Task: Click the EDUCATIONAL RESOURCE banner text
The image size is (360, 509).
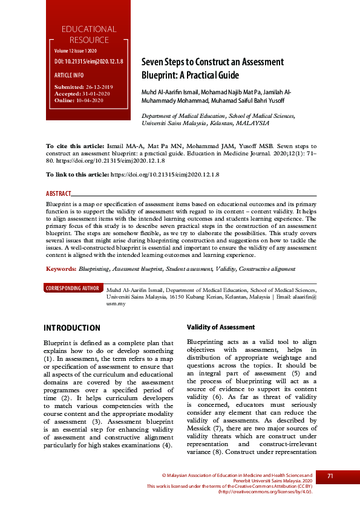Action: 88,34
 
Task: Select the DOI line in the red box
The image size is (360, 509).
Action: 88,62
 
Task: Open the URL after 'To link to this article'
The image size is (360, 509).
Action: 164,174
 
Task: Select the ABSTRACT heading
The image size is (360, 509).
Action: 58,194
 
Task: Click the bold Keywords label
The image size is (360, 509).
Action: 61,268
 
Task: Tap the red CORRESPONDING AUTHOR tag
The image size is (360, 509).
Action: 73,288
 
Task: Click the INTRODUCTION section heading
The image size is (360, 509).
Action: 72,328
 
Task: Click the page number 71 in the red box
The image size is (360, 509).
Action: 330,476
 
